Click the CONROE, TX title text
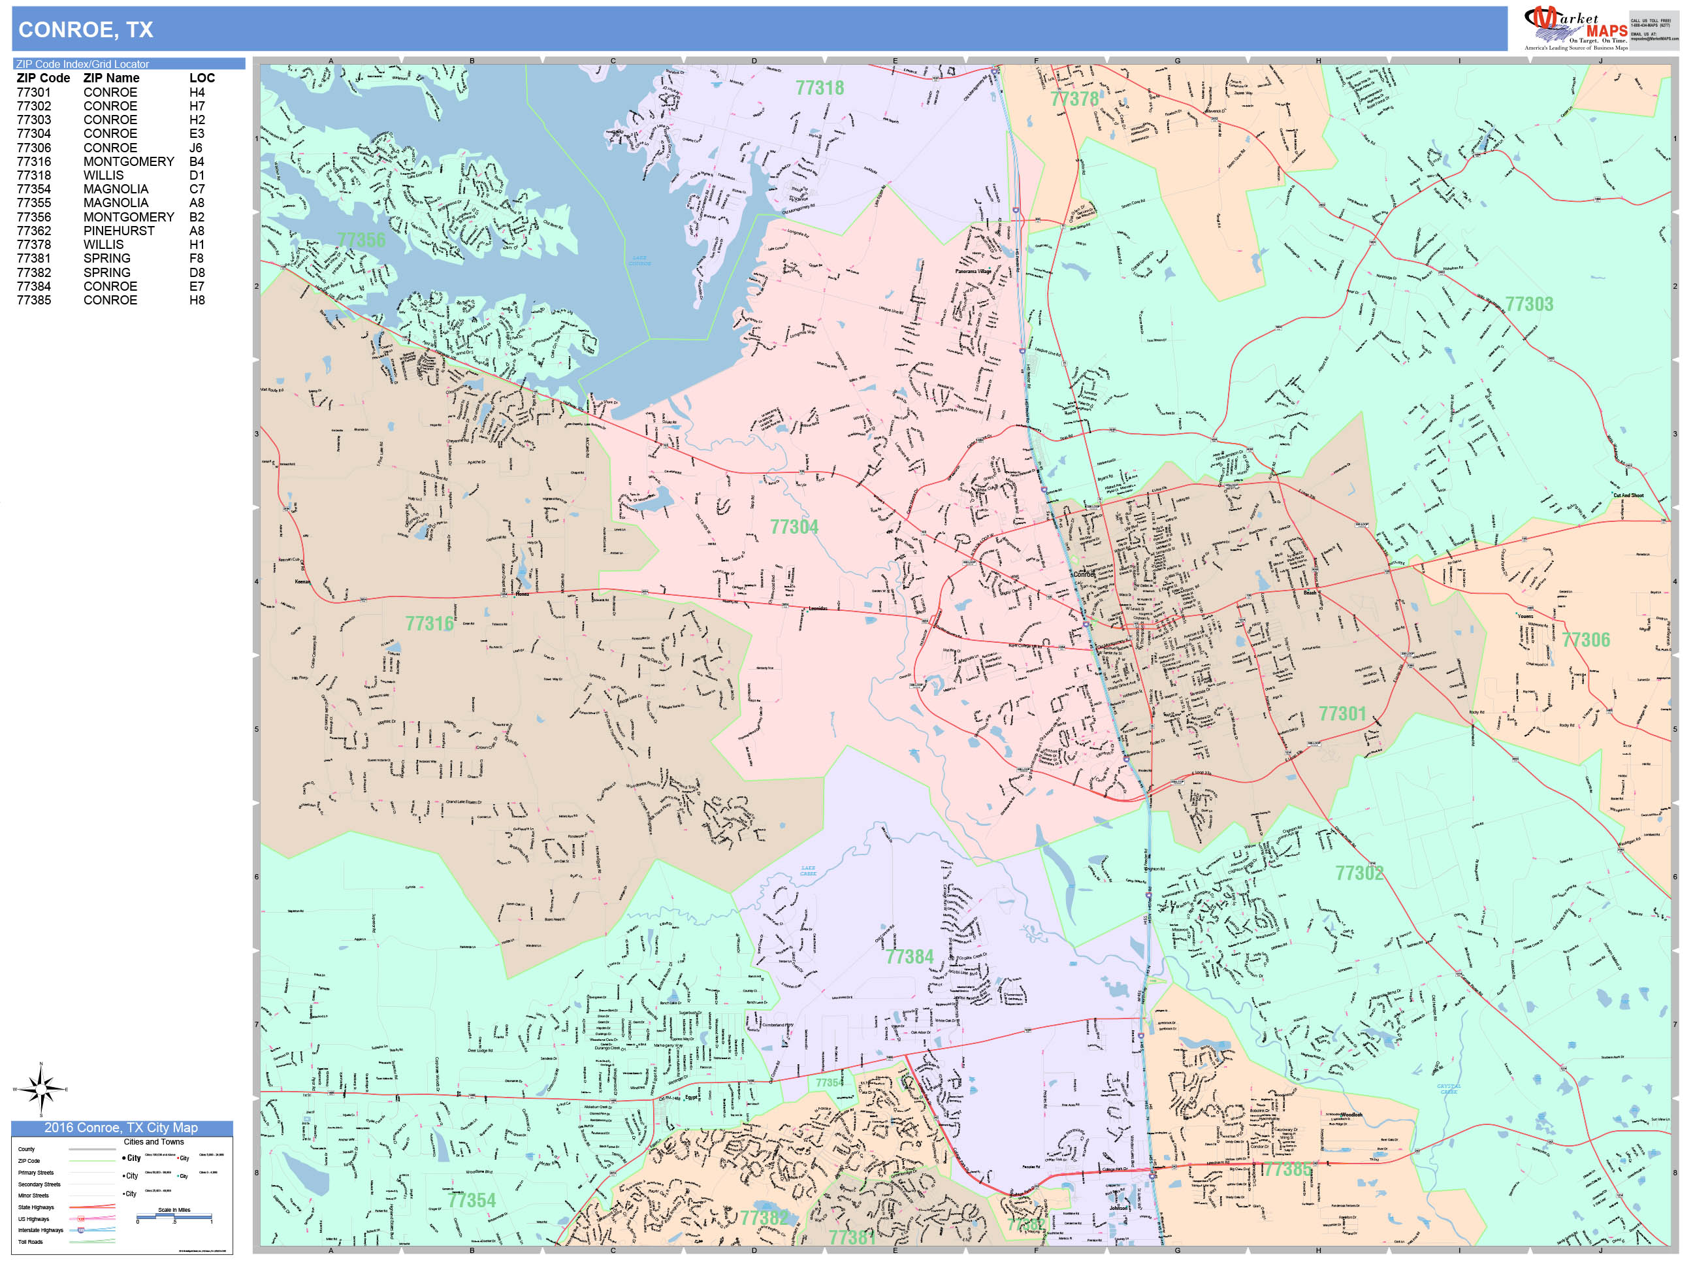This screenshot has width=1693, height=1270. [x=86, y=30]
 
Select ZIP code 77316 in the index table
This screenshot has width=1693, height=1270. [x=34, y=161]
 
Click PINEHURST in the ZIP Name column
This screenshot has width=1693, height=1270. [x=119, y=231]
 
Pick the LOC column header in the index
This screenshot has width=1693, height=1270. [x=202, y=78]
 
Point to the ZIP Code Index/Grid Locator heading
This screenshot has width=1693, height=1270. [x=83, y=64]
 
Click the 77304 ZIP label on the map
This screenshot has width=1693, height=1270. [x=794, y=527]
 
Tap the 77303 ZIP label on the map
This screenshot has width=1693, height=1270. [x=1528, y=304]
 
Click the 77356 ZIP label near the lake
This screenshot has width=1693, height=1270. [x=361, y=240]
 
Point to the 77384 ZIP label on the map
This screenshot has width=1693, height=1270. [x=909, y=957]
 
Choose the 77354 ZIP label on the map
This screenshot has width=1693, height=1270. [x=472, y=1199]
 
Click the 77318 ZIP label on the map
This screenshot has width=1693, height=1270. [x=819, y=88]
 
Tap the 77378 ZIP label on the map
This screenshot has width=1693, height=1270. [x=1074, y=99]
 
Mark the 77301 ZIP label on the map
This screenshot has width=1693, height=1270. [x=1342, y=713]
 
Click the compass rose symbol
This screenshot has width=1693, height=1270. [x=41, y=1088]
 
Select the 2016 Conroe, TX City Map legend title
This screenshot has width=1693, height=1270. [x=121, y=1128]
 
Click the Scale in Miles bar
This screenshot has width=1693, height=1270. [x=174, y=1215]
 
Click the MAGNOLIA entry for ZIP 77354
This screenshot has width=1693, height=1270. [x=116, y=189]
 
